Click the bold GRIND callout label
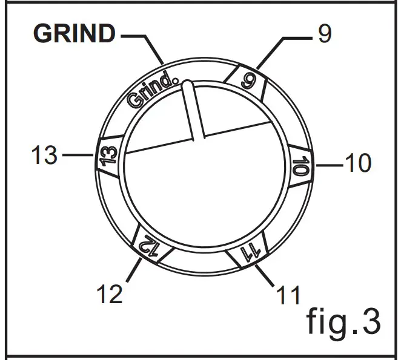pos(74,34)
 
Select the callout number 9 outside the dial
pos(325,34)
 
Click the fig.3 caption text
pos(343,321)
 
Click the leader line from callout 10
pos(327,163)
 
